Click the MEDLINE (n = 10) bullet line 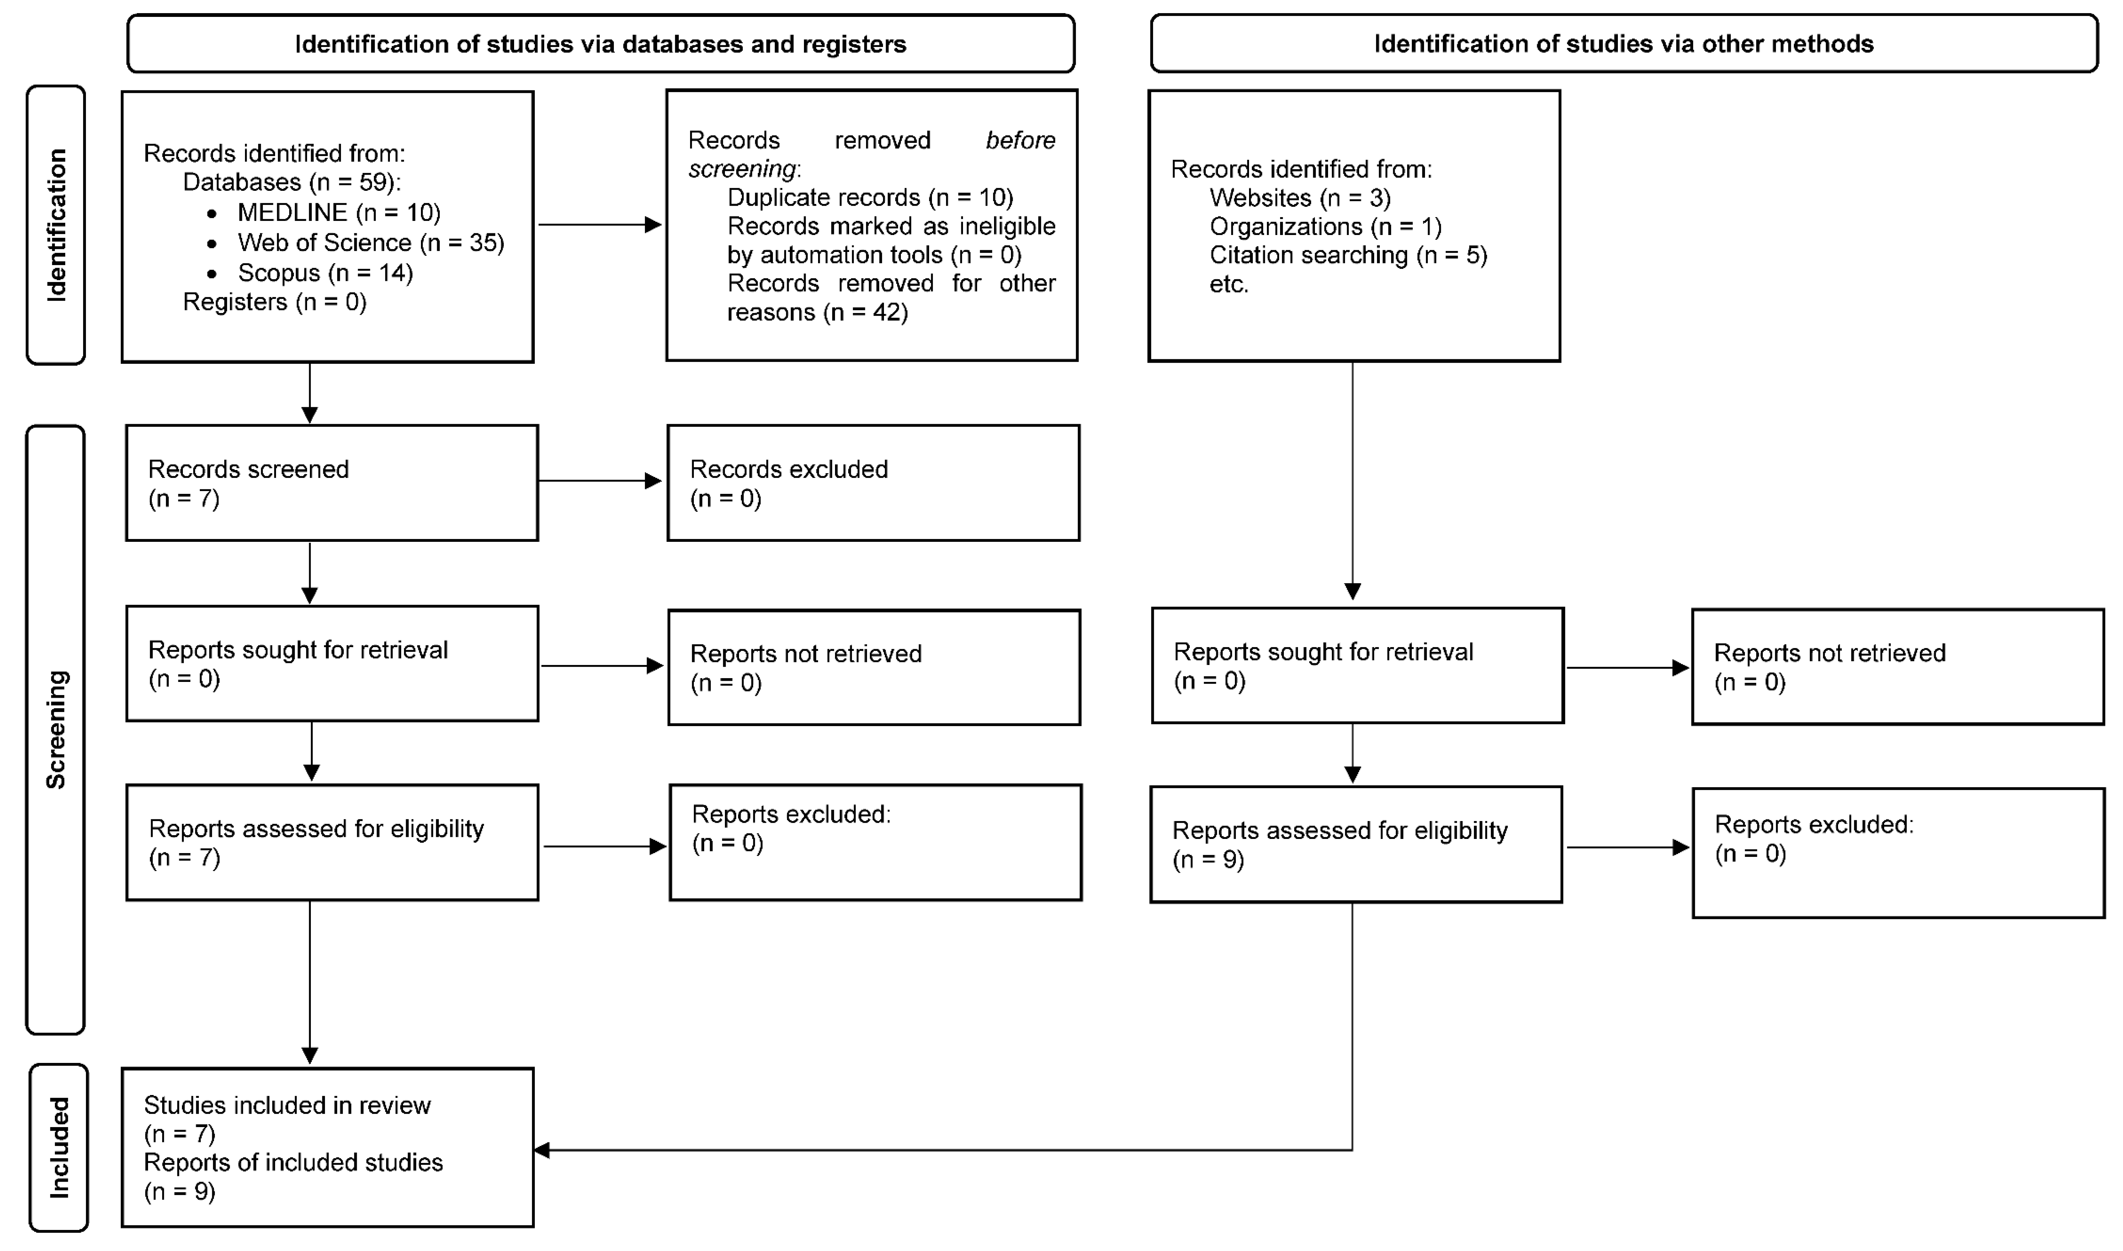(338, 213)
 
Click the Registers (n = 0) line (275, 302)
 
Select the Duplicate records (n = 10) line (870, 197)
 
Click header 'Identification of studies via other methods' (1623, 44)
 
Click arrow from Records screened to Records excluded (598, 480)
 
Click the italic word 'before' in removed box (1020, 140)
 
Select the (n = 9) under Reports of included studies (179, 1191)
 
